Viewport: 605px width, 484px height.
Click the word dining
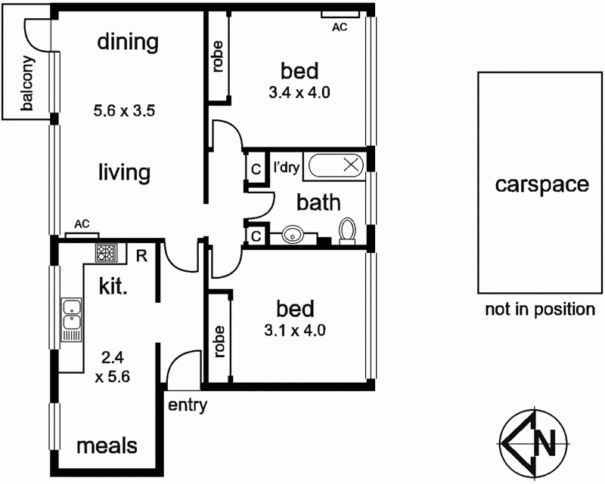pyautogui.click(x=128, y=42)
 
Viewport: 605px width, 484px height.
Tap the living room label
pyautogui.click(x=124, y=172)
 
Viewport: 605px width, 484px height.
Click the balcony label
pyautogui.click(x=27, y=85)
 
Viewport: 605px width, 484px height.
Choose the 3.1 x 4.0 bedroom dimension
pyautogui.click(x=296, y=330)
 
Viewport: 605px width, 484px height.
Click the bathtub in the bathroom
pyautogui.click(x=334, y=166)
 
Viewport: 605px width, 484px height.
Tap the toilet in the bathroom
pyautogui.click(x=348, y=230)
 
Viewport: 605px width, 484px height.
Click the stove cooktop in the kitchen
pyautogui.click(x=105, y=253)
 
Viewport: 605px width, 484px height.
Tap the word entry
pyautogui.click(x=187, y=405)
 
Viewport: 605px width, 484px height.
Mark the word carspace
pyautogui.click(x=541, y=185)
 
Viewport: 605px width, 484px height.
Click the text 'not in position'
pyautogui.click(x=540, y=309)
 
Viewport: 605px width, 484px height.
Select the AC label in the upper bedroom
pyautogui.click(x=340, y=27)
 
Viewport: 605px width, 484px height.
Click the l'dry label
pyautogui.click(x=286, y=165)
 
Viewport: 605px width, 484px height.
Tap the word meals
pyautogui.click(x=107, y=445)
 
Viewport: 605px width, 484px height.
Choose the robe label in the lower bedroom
pyautogui.click(x=219, y=341)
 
